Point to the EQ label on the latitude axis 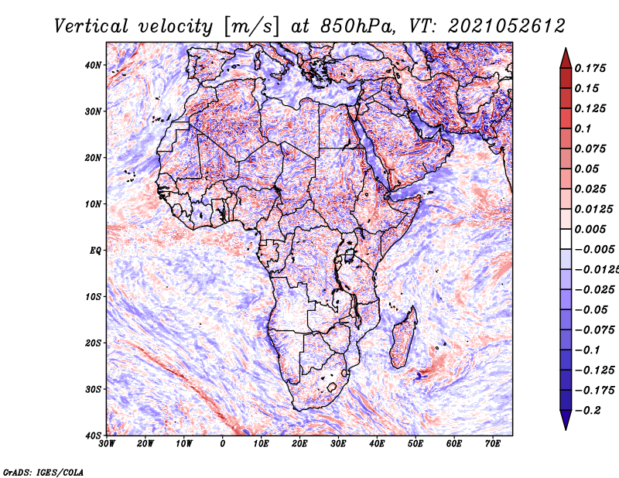[94, 250]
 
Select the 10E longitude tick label [262, 443]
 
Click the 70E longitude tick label [493, 443]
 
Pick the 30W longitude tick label [107, 443]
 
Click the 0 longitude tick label [223, 443]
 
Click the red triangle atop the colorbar [566, 57]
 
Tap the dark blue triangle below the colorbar [566, 419]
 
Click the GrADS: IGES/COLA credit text [43, 471]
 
